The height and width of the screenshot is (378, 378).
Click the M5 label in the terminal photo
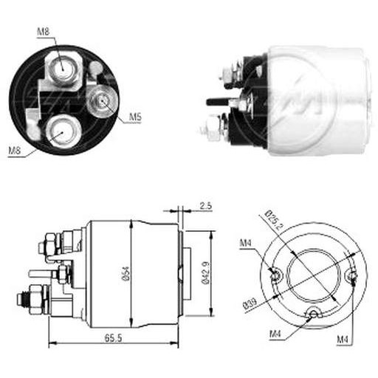pyautogui.click(x=136, y=117)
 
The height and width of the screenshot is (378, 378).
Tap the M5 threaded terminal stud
pyautogui.click(x=103, y=100)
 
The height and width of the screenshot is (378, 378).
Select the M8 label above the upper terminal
pyautogui.click(x=44, y=32)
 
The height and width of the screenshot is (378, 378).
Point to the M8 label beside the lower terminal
pyautogui.click(x=15, y=151)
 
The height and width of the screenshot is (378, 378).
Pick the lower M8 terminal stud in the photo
pyautogui.click(x=63, y=132)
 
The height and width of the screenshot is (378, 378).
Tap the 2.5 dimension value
pyautogui.click(x=205, y=206)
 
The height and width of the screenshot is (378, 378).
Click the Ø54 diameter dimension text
pyautogui.click(x=126, y=274)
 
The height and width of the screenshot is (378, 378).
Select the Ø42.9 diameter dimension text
pyautogui.click(x=206, y=273)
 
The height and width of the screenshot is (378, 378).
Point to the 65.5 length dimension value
pyautogui.click(x=113, y=338)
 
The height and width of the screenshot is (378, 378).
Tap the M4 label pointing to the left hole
pyautogui.click(x=246, y=243)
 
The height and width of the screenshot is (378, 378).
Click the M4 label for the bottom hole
pyautogui.click(x=275, y=334)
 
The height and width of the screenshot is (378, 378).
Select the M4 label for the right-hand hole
pyautogui.click(x=343, y=340)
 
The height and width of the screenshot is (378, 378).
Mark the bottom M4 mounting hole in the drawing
pyautogui.click(x=313, y=313)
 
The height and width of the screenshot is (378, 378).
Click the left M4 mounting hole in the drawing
pyautogui.click(x=275, y=275)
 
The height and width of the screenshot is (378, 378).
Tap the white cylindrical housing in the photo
pyautogui.click(x=319, y=101)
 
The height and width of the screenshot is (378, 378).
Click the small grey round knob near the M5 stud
pyautogui.click(x=95, y=67)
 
